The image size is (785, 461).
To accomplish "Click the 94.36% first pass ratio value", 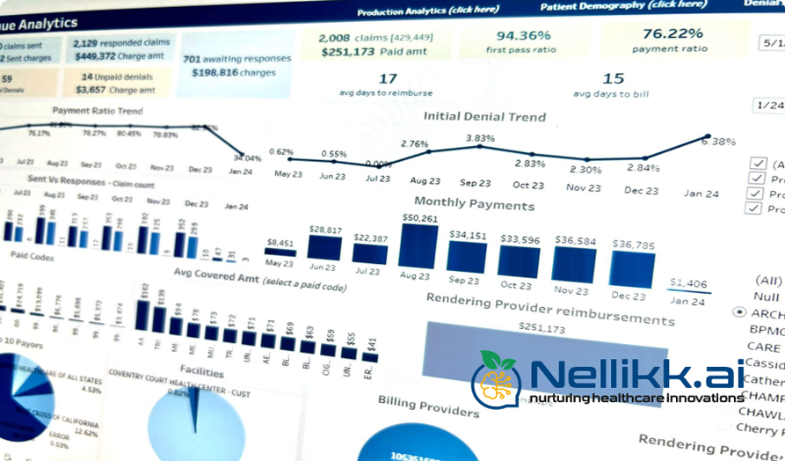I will pos(523,36).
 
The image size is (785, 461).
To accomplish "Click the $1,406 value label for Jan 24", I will pos(687,283).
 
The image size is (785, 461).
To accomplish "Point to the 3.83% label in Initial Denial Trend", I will pos(480,138).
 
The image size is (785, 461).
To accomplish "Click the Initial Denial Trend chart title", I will pos(484,116).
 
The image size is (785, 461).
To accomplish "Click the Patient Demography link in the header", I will pos(622,4).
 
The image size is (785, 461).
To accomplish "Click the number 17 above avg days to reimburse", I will pos(387,79).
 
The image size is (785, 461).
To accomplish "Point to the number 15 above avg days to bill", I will pos(613,79).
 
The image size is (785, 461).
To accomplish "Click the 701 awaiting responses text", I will pos(236,59).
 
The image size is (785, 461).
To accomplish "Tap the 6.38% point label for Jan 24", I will pos(721,141).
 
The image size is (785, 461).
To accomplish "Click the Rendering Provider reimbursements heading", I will pos(549,309).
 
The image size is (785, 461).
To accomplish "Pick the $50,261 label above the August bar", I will pos(419,217).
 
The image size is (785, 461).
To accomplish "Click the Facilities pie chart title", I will pos(201,371).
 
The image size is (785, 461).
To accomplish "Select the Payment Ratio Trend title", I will pos(98,111).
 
